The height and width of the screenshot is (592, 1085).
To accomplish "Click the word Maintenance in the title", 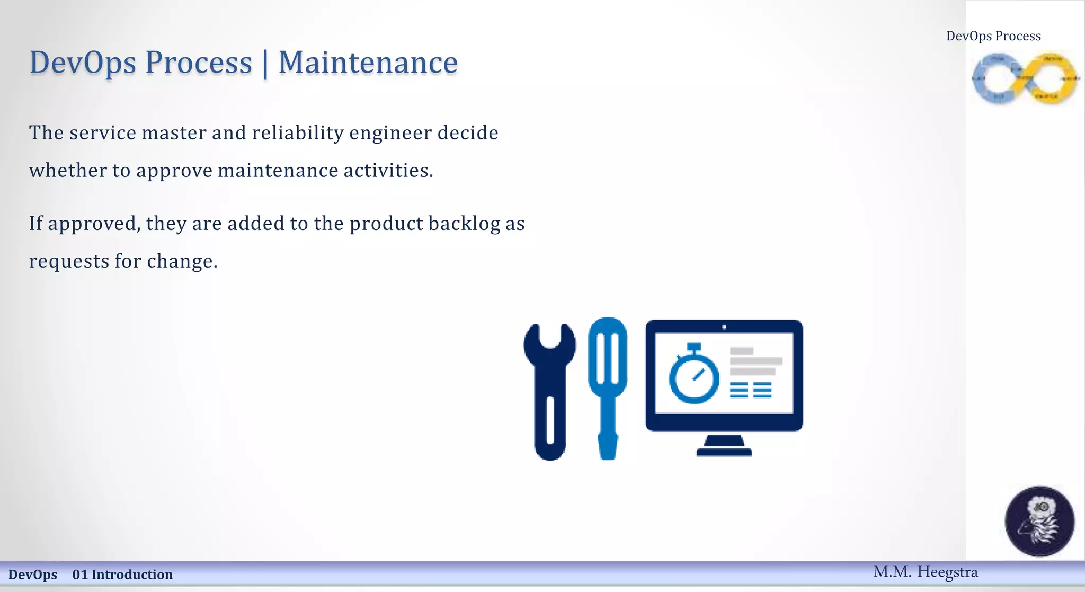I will point(368,63).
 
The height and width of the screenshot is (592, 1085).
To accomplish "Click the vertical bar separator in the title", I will point(265,64).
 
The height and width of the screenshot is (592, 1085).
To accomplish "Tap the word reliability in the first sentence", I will point(298,133).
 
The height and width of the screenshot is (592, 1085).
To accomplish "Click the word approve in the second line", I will point(174,171).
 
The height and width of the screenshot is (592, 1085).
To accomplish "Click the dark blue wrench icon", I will point(550,392).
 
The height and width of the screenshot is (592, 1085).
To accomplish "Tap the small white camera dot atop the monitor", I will point(724,328).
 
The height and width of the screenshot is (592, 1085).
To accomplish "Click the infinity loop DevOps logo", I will point(1025,78).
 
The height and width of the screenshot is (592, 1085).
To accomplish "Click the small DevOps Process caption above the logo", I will point(993,36).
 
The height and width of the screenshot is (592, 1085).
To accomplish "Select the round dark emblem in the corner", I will point(1039,521).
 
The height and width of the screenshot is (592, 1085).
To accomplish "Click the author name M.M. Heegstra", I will point(925,572).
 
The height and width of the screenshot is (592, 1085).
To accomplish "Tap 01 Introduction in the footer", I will point(122,575).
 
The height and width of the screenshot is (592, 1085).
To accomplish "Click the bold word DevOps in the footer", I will point(33,575).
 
